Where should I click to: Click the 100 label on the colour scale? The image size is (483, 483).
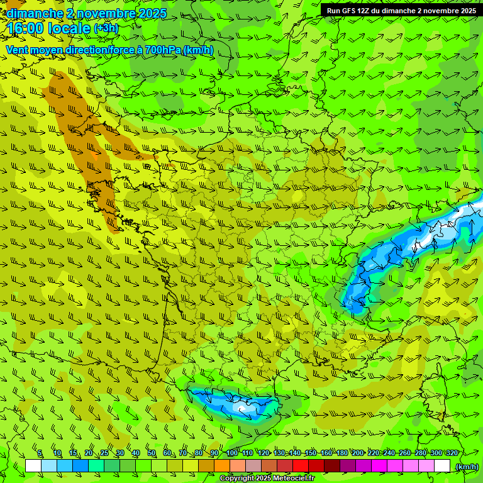(x=232, y=453)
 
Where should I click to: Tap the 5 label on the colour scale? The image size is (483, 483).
(x=40, y=453)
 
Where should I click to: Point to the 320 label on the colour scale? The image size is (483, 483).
(x=452, y=453)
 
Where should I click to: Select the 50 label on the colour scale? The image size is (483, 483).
(x=151, y=453)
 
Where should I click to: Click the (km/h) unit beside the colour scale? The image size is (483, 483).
(x=466, y=466)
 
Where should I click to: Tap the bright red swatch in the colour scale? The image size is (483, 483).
(x=301, y=466)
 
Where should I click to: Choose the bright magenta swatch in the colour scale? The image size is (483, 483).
(x=379, y=466)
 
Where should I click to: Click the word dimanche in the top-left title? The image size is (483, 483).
(x=35, y=13)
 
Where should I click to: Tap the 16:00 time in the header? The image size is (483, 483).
(x=23, y=29)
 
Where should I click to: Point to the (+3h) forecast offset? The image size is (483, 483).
(x=106, y=29)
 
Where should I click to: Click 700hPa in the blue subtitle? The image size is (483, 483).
(x=162, y=50)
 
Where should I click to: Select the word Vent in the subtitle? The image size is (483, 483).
(x=17, y=50)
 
